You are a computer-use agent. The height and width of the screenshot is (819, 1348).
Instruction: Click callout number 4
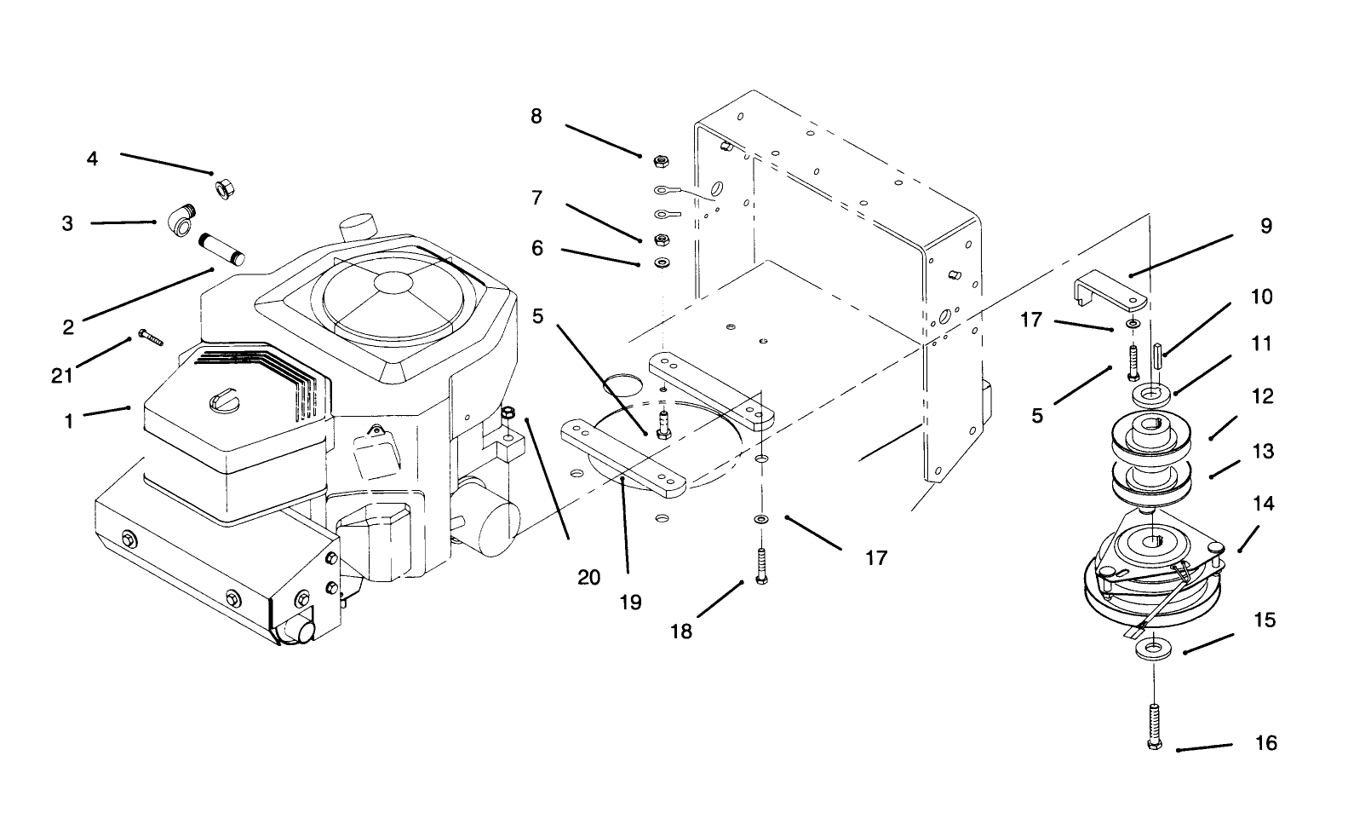tap(92, 159)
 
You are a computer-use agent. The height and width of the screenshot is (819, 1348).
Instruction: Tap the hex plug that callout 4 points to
tap(226, 187)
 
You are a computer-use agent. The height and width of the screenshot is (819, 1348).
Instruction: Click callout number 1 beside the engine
tap(69, 420)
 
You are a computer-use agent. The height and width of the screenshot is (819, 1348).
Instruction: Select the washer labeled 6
tap(660, 262)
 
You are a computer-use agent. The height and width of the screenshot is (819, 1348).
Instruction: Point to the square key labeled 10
tap(1158, 353)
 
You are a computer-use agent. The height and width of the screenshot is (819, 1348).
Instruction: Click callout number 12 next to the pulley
tap(1264, 396)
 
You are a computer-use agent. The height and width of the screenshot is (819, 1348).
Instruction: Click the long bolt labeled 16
tap(1153, 725)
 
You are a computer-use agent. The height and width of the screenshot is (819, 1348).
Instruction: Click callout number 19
tap(631, 602)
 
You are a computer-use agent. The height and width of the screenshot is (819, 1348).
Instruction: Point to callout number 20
tap(589, 577)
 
